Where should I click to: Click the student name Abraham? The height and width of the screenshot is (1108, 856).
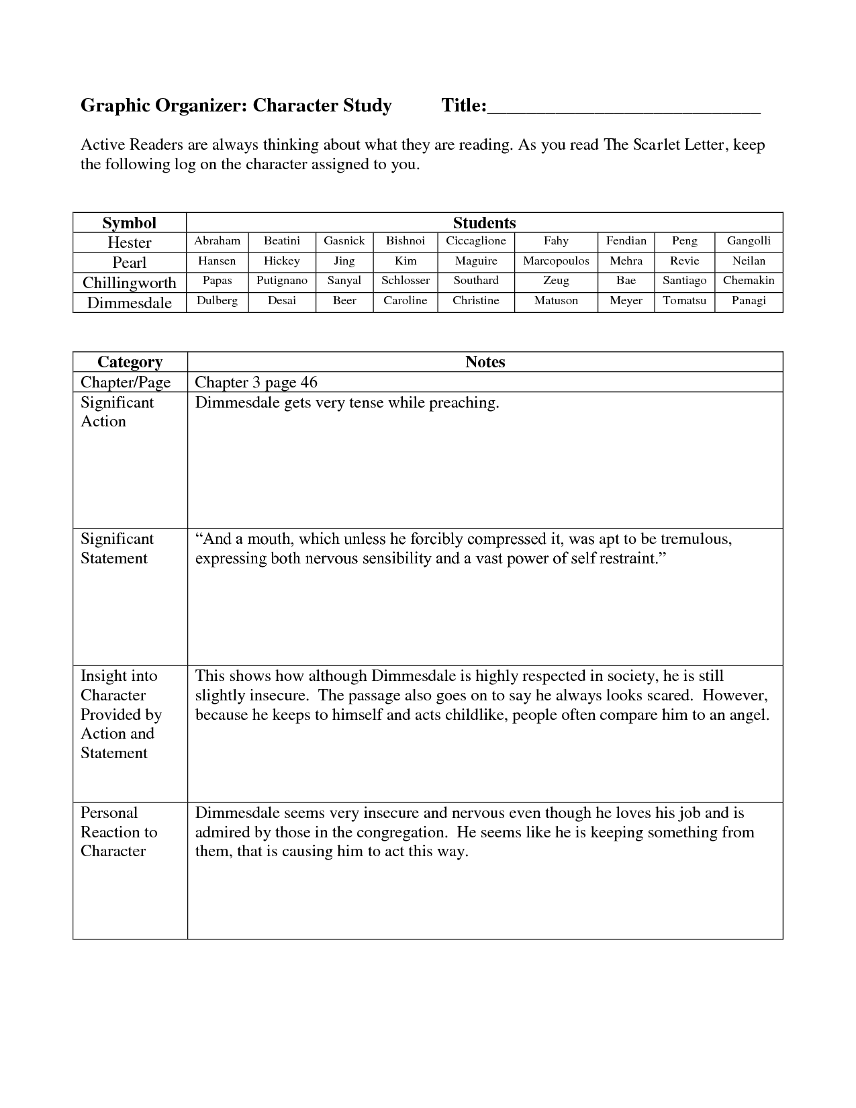(217, 241)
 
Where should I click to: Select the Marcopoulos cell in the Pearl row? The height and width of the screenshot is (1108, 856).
(556, 261)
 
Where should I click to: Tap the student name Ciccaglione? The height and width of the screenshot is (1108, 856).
(476, 241)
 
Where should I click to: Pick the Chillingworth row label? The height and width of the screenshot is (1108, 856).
(129, 283)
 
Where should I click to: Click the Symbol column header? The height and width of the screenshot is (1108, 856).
(129, 223)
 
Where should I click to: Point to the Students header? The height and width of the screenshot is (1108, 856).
(484, 223)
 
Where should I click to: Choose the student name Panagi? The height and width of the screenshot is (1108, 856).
(749, 301)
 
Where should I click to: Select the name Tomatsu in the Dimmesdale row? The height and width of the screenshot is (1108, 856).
(684, 301)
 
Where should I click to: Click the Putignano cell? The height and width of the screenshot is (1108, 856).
(282, 281)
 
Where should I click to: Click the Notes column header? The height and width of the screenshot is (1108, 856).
(485, 362)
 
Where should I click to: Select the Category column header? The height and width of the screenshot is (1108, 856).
(130, 362)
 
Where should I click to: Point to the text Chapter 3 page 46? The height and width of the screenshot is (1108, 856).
(256, 383)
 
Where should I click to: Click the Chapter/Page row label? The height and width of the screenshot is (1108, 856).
(126, 383)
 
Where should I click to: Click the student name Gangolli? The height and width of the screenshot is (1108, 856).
(749, 241)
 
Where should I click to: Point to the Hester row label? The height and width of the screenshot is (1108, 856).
(129, 242)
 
